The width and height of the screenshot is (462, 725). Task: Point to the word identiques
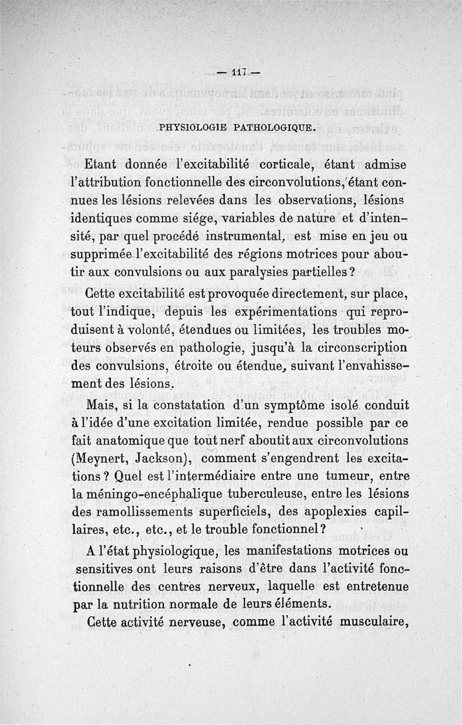[x=106, y=220]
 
